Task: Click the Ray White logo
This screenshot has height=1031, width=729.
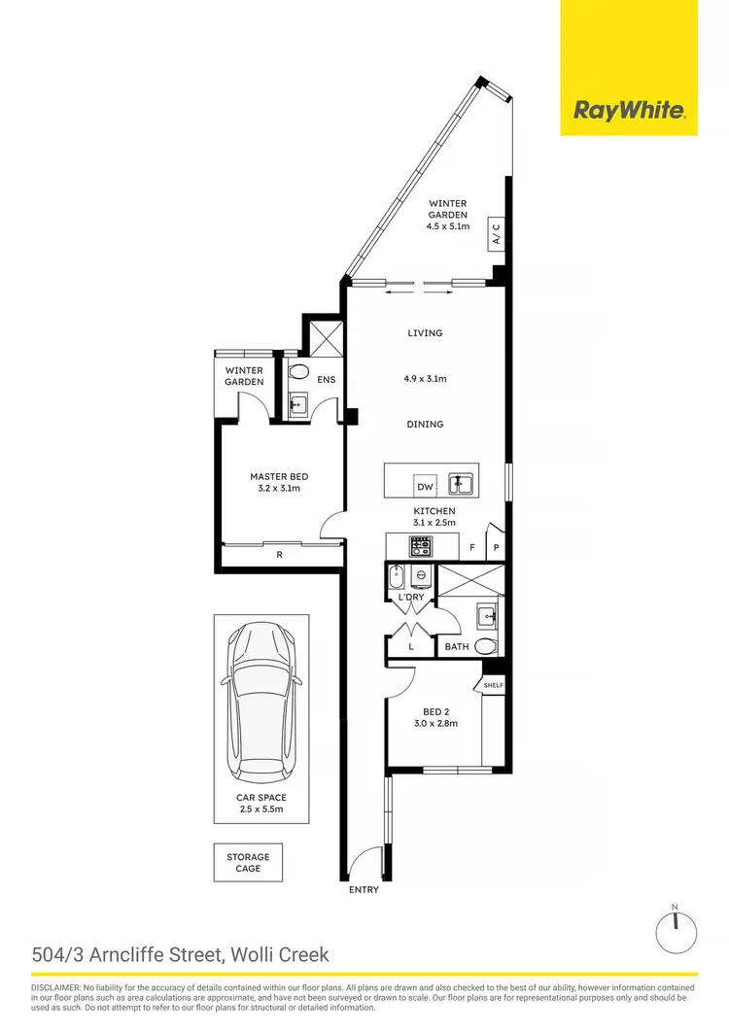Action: [x=629, y=111]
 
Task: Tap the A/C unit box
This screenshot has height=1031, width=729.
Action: [x=495, y=233]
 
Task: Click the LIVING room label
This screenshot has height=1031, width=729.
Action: [x=425, y=333]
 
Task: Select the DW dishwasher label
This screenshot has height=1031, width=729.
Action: [x=425, y=486]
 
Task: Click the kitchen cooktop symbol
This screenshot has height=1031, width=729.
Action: [x=421, y=547]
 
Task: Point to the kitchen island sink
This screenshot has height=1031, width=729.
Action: [x=462, y=483]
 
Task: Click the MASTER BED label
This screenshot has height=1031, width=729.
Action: [x=279, y=476]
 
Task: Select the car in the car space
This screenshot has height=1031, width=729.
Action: [x=261, y=700]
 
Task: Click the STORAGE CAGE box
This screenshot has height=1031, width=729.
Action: [x=248, y=862]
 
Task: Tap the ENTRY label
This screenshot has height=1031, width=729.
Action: [x=363, y=889]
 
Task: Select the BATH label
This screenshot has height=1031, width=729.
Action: [x=457, y=646]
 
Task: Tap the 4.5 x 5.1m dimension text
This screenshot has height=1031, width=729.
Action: [x=447, y=226]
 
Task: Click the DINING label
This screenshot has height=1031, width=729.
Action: [x=425, y=424]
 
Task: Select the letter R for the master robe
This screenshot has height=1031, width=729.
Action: [x=280, y=555]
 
